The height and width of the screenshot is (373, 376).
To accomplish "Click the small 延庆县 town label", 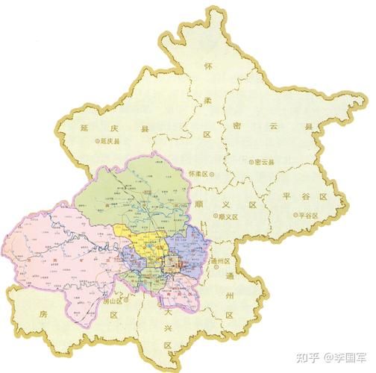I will [x=107, y=140].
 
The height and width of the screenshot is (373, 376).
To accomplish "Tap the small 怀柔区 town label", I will [x=199, y=173].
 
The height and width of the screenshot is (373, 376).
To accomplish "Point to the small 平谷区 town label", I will [x=307, y=215].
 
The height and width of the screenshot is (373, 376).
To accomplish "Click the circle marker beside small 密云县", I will [x=250, y=162].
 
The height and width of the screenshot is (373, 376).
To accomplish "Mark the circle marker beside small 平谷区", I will [x=294, y=215].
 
